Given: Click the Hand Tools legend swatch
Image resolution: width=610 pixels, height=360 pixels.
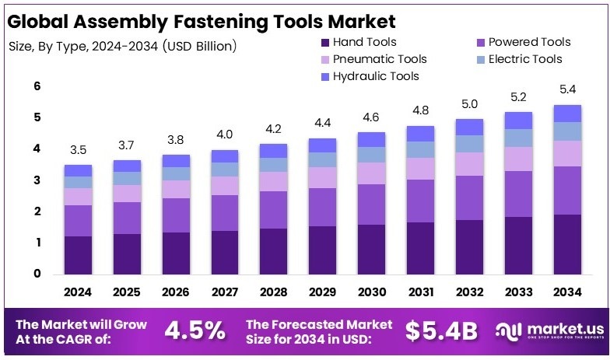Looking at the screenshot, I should (324, 42).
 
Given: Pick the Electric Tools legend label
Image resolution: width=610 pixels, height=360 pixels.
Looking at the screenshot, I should (527, 59).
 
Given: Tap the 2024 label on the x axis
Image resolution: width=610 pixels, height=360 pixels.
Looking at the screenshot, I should (78, 292).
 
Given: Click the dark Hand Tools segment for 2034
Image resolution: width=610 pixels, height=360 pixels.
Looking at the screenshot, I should (567, 244).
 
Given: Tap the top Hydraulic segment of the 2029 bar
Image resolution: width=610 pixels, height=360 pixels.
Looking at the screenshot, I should (323, 145).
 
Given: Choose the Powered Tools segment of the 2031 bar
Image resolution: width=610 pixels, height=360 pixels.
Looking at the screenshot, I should (420, 201).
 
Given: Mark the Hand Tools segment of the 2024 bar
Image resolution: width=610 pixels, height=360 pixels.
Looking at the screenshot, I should (78, 255).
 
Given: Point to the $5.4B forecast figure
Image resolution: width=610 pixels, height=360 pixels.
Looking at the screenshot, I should (441, 330).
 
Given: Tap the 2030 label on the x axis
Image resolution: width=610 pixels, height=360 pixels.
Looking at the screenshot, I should (371, 292).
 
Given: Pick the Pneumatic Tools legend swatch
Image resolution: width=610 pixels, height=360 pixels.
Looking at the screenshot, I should (324, 59).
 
